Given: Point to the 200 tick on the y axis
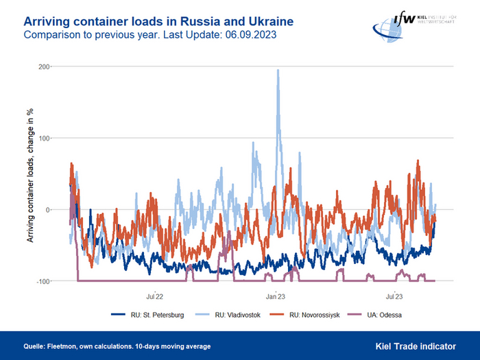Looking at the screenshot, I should pyautogui.click(x=45, y=67).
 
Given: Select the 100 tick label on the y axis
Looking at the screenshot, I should pyautogui.click(x=45, y=139).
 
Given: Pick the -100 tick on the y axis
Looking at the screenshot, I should pyautogui.click(x=44, y=281).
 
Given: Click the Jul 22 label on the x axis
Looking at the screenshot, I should pyautogui.click(x=154, y=296).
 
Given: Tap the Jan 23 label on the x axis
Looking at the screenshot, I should pyautogui.click(x=275, y=296).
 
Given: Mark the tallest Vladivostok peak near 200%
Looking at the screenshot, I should pyautogui.click(x=278, y=70).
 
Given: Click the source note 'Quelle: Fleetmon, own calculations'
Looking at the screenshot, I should pyautogui.click(x=117, y=346).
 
